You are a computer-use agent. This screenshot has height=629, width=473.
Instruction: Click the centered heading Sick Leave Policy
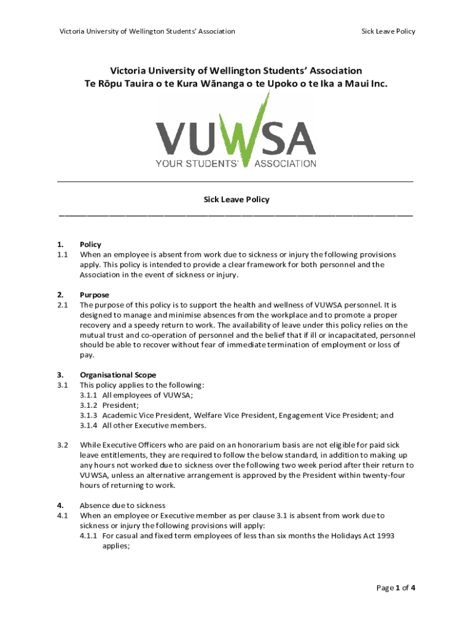tap(237, 200)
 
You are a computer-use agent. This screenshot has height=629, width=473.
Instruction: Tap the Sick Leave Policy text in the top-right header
tap(388, 31)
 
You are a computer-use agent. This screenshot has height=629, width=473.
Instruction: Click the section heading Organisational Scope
tap(118, 375)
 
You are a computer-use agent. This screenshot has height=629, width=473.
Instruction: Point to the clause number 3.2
tap(62, 445)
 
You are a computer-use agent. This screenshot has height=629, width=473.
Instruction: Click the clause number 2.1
tap(62, 305)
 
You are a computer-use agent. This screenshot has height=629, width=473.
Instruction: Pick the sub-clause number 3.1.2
tap(89, 405)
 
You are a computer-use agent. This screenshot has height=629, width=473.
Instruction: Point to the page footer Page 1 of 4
tap(396, 588)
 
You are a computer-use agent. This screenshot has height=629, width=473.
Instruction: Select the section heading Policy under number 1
tap(91, 244)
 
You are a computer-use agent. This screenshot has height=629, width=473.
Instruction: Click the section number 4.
tap(60, 506)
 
